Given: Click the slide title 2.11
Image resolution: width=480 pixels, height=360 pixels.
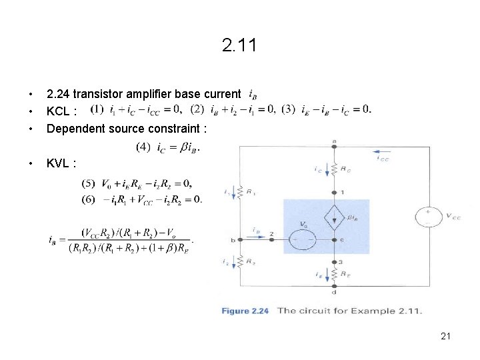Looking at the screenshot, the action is (x=239, y=46).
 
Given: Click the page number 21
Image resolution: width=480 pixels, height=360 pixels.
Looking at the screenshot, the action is (x=446, y=336).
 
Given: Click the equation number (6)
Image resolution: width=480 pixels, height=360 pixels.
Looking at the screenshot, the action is (x=89, y=199).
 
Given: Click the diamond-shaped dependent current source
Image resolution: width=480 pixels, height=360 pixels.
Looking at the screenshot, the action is (x=333, y=217).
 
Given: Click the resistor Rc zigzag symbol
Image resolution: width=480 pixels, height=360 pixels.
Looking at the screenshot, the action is (x=333, y=171).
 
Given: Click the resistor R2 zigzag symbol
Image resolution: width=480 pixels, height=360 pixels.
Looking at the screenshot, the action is (x=241, y=264).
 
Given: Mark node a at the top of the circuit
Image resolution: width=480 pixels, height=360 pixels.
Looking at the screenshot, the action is (x=333, y=144).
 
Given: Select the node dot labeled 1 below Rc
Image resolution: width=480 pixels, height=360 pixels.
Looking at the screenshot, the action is (x=333, y=192).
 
